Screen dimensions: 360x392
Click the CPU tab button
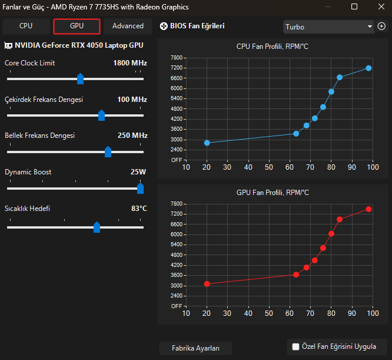[26, 26]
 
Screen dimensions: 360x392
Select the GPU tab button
[77, 26]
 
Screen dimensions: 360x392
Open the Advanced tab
[128, 26]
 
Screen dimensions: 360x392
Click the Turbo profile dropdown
[328, 27]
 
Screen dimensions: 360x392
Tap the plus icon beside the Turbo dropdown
[381, 27]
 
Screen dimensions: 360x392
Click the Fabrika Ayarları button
[195, 348]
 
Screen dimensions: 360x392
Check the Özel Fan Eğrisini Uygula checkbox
[296, 346]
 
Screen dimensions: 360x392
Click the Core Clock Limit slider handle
[81, 79]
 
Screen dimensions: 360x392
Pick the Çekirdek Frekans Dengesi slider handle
[101, 115]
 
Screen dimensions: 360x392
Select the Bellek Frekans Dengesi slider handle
[108, 152]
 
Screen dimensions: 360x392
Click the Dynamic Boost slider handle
[140, 189]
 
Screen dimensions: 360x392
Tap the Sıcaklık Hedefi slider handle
[97, 227]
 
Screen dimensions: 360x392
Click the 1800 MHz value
[130, 63]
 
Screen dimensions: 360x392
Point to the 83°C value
[139, 209]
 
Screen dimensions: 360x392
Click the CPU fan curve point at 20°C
[207, 143]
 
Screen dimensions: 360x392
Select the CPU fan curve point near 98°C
[368, 68]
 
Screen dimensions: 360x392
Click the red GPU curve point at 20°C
[207, 284]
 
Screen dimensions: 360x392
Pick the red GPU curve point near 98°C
[368, 209]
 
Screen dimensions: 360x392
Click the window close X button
[378, 7]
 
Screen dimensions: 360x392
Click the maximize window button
[354, 7]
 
